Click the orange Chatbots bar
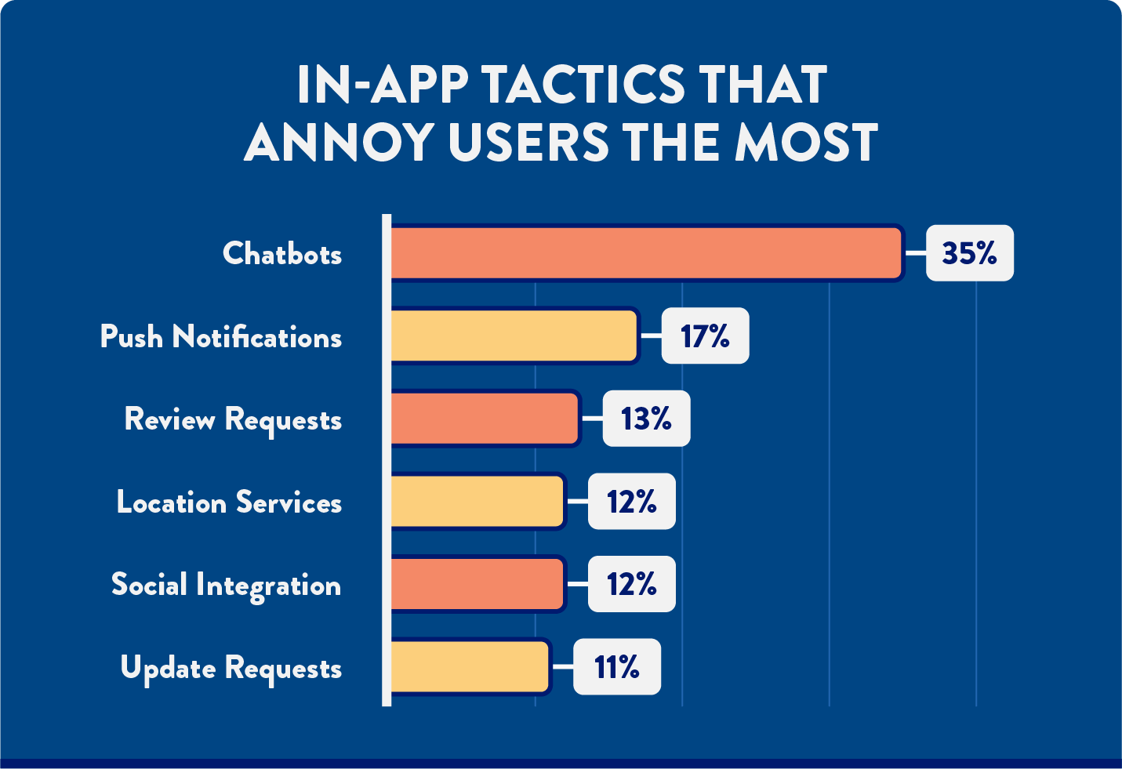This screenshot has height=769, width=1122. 646,253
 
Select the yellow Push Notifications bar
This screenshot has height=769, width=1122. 514,336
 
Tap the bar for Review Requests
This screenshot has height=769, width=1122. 485,419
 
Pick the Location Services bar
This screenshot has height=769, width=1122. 477,502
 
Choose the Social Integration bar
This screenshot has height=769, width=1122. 477,584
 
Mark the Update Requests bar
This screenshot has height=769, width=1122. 470,667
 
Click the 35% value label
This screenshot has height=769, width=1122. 969,253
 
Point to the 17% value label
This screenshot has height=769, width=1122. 705,336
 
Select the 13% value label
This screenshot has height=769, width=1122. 646,419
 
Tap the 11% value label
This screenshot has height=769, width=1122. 617,667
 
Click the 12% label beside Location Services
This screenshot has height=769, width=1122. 631,502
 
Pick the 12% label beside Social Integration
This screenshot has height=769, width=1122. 631,584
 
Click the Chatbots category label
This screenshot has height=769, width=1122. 282,254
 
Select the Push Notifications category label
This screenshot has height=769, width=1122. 221,337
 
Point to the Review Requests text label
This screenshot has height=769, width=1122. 233,420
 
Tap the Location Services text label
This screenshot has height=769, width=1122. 229,502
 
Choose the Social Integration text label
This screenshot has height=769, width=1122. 226,586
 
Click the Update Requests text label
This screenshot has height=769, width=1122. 231,669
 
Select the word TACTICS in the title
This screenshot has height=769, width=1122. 584,85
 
